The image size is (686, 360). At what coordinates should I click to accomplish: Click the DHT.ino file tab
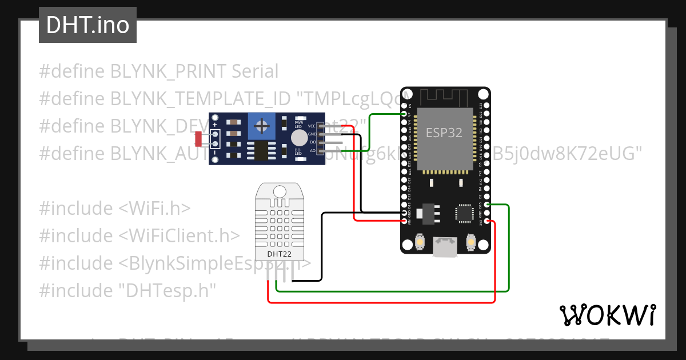pos(87,25)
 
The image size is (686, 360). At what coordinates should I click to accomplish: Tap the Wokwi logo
pos(607,315)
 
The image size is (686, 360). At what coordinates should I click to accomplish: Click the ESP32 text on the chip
pos(444,132)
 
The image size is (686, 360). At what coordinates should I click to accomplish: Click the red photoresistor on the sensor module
pos(198,138)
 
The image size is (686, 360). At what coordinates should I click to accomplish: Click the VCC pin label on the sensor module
pos(312,126)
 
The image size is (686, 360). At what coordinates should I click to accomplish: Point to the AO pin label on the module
pos(312,150)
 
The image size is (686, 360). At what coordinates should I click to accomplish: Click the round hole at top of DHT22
pos(280,191)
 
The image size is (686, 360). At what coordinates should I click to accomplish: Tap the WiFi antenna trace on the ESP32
pos(445,96)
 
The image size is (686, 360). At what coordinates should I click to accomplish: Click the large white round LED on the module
pos(298,138)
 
